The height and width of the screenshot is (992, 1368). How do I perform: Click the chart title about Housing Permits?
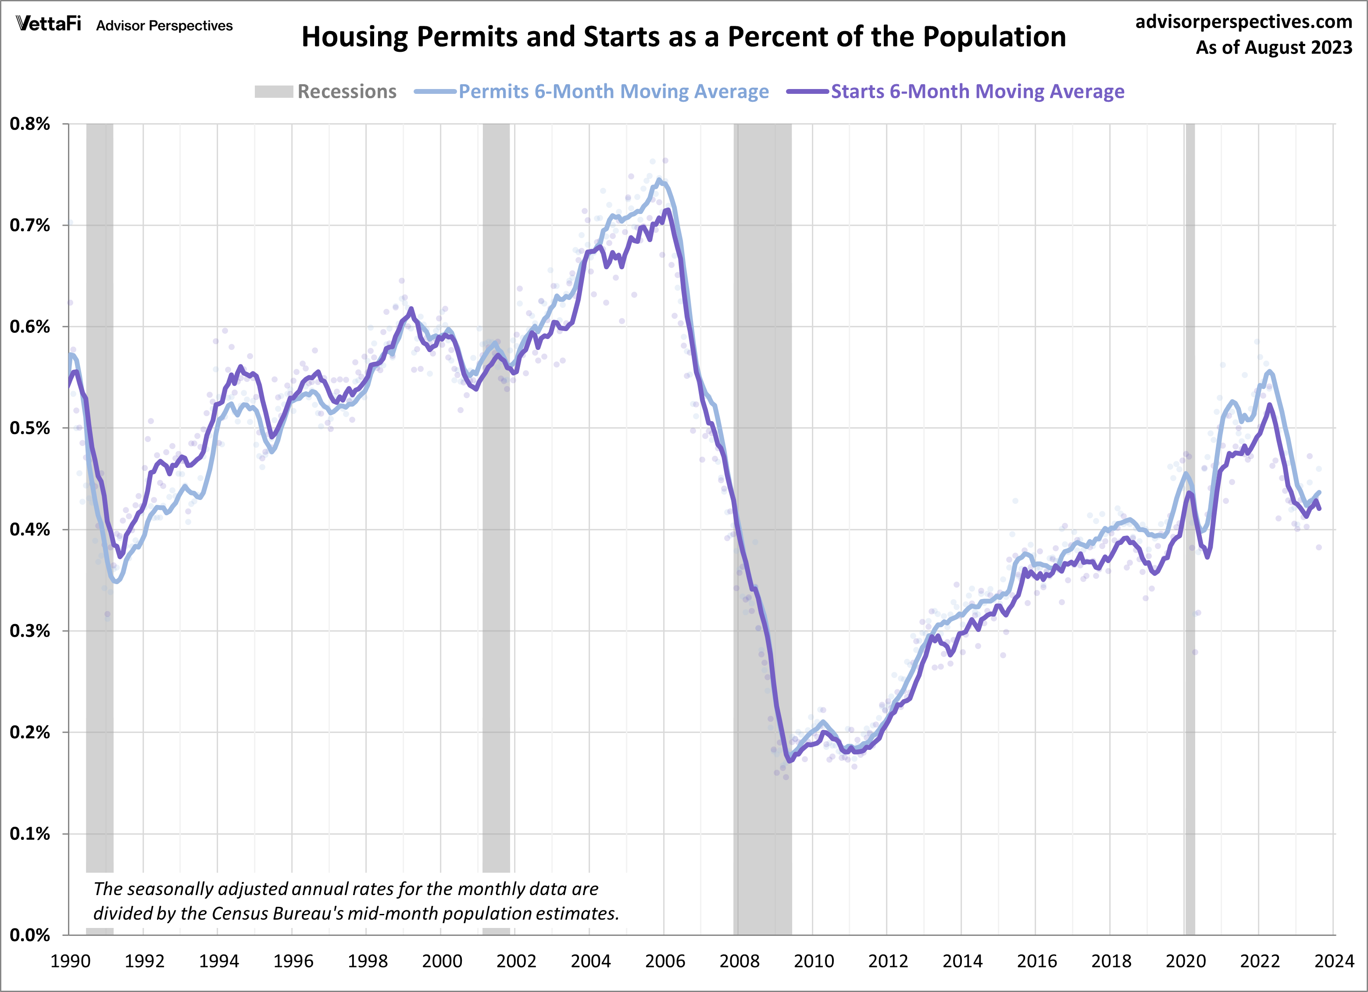[x=683, y=37]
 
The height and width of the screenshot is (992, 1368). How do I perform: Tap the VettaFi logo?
[x=48, y=24]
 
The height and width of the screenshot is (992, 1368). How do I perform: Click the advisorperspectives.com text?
[x=1244, y=22]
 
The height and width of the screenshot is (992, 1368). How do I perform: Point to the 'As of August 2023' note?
[x=1274, y=47]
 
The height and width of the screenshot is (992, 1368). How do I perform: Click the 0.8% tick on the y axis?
[x=29, y=124]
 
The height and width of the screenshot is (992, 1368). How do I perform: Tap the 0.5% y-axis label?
[x=29, y=428]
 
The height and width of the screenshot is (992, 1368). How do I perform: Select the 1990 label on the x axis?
[x=71, y=960]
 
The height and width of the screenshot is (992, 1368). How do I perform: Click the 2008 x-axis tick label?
[x=739, y=960]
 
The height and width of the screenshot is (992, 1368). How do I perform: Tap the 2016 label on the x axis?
[x=1037, y=960]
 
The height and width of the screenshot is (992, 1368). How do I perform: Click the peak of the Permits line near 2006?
[x=659, y=180]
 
